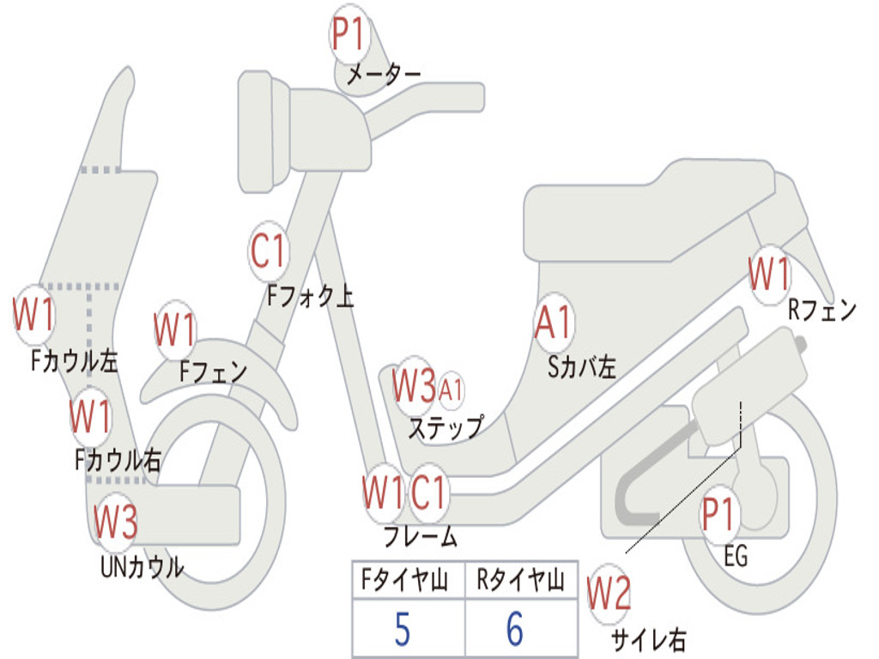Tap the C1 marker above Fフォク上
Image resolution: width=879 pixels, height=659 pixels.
click(x=268, y=251)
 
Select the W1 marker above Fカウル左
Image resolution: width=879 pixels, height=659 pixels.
click(x=34, y=315)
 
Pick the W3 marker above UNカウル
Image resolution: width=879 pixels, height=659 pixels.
click(x=115, y=521)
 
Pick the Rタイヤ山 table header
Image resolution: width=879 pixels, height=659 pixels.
click(x=520, y=582)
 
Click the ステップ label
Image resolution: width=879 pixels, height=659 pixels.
click(x=445, y=426)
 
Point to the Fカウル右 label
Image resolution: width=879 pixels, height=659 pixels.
click(x=118, y=461)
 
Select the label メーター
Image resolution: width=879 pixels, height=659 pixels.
click(x=383, y=76)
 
